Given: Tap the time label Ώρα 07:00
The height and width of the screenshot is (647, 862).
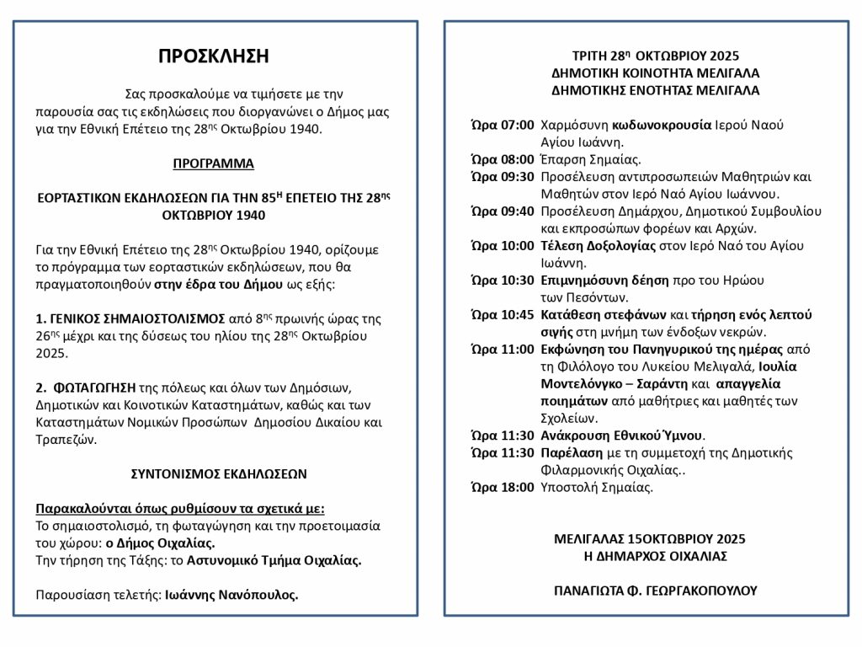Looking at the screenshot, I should click(x=502, y=126).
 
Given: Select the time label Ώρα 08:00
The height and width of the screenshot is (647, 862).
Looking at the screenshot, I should click(x=502, y=159).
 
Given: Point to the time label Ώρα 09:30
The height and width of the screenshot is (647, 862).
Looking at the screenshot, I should click(x=502, y=177).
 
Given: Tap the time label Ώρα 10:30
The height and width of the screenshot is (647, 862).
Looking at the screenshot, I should click(x=502, y=280).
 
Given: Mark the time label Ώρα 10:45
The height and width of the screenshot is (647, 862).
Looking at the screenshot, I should click(x=502, y=314).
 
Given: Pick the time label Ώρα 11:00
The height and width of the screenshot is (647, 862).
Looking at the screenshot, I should click(x=502, y=349).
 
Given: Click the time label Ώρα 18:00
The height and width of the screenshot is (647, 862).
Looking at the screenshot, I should click(x=502, y=487).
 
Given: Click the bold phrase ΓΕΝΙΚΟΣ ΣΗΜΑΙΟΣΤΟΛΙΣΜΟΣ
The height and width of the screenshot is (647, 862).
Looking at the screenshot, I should click(x=130, y=320).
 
